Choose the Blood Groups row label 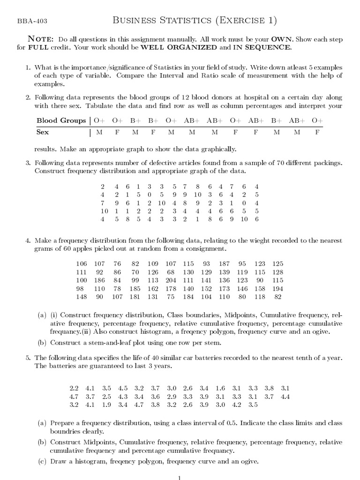click(x=61, y=120)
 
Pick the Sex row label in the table click(x=43, y=132)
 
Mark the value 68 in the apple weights click(x=171, y=272)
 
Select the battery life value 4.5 click(x=123, y=388)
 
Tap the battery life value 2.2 click(x=74, y=388)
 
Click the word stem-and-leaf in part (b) click(x=99, y=343)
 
